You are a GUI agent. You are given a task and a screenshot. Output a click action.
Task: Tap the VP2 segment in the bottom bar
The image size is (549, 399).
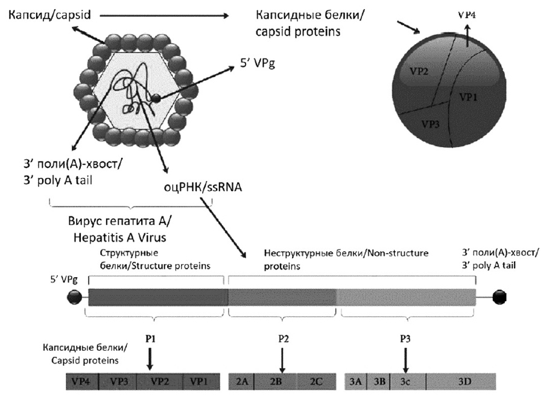pos(159,382)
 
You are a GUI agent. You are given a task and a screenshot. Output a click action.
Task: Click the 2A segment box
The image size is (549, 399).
pos(243,382)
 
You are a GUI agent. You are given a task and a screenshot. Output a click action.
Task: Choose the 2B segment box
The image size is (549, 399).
pos(276,382)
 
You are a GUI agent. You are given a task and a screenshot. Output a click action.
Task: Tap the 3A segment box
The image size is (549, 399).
pos(356,382)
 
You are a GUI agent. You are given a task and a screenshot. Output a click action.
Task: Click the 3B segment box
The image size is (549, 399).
pos(379,382)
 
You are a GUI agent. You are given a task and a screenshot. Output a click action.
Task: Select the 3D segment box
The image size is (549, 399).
pos(462,382)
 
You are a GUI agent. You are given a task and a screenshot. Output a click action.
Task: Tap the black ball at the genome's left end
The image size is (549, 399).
pos(75,297)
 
